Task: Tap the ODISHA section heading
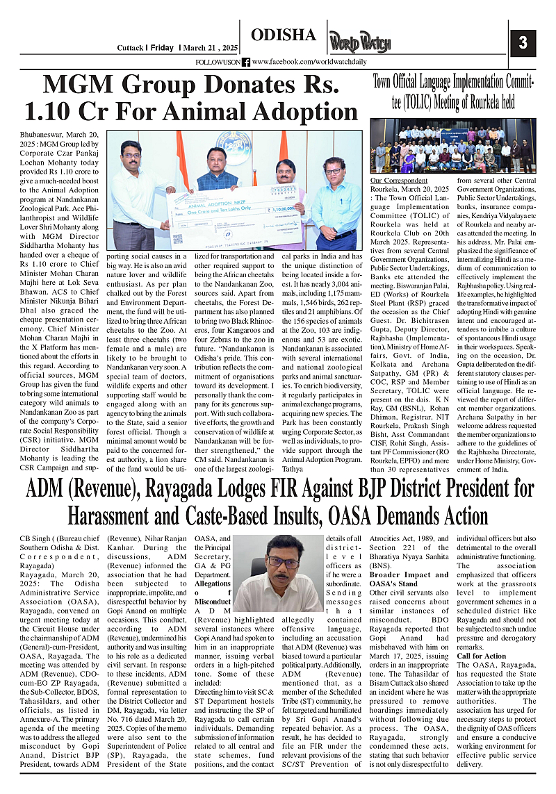284,35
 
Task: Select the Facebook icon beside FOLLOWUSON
246,62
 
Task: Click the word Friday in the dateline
162,48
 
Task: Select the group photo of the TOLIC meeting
452,147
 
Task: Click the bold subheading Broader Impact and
409,575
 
